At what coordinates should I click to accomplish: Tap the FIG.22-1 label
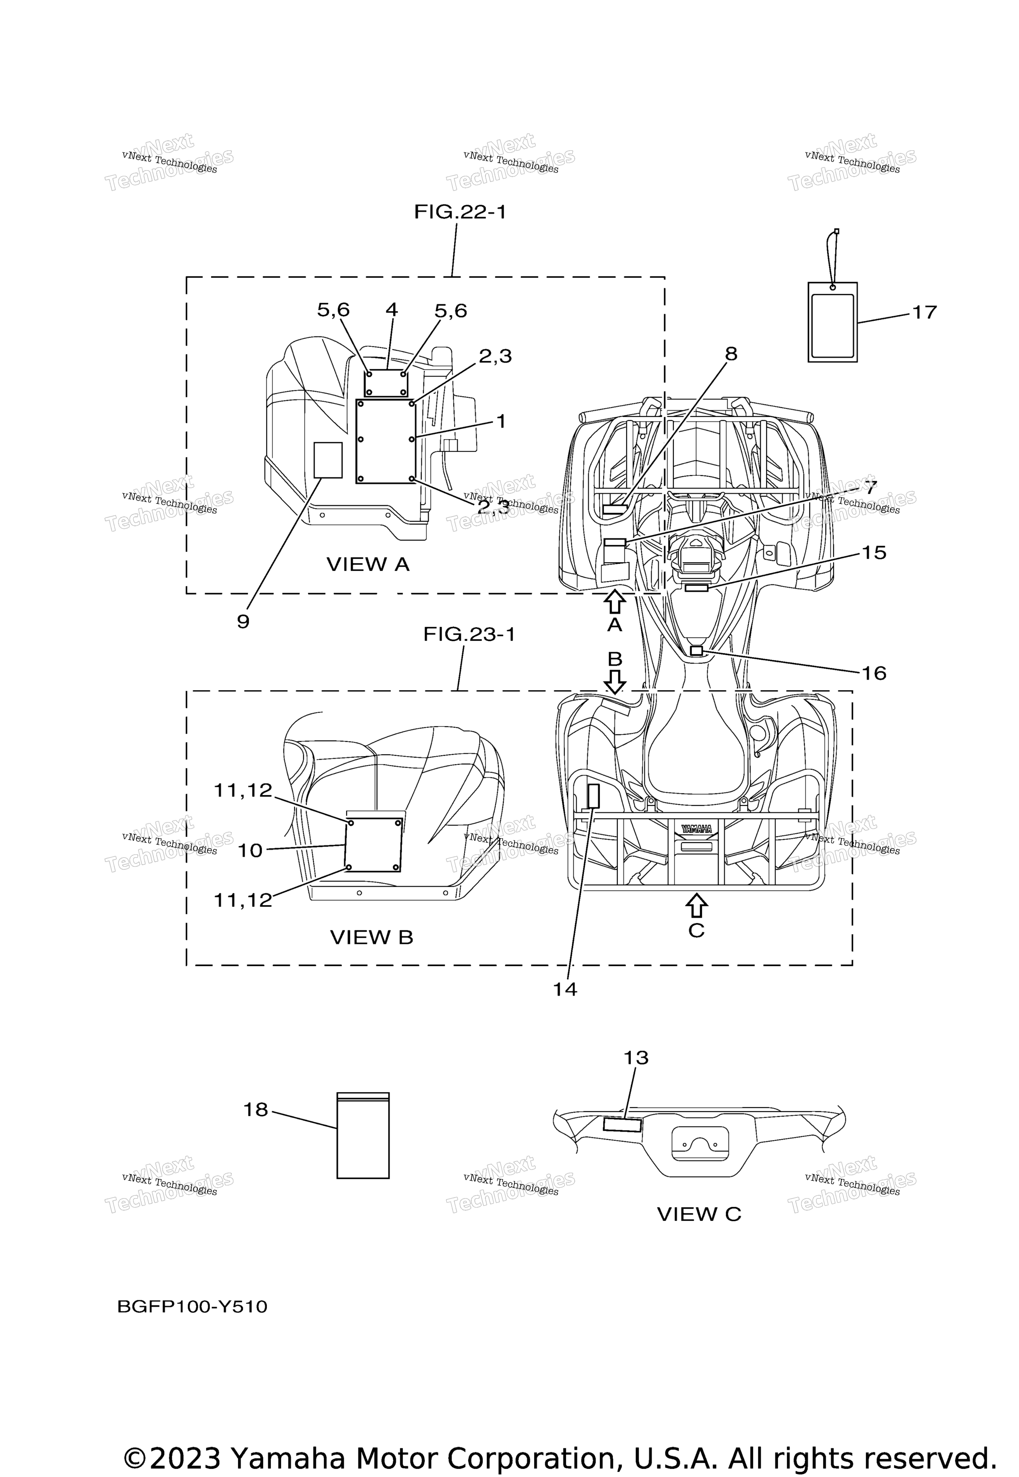point(460,212)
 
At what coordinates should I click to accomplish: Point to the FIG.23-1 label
point(469,634)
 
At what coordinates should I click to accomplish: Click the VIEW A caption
point(368,564)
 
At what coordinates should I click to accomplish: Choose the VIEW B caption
point(372,937)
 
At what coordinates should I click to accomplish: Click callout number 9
point(243,622)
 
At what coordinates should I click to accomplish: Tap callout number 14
point(565,989)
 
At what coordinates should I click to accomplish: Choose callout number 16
point(874,674)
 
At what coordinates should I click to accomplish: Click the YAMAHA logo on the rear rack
point(697,828)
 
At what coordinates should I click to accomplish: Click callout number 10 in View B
point(250,850)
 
